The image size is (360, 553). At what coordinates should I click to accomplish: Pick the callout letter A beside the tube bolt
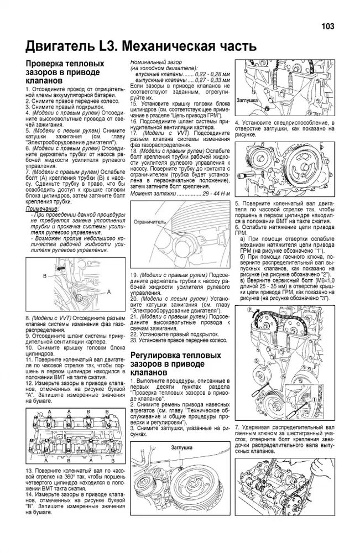(108, 291)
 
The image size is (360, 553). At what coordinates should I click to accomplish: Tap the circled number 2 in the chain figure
(249, 310)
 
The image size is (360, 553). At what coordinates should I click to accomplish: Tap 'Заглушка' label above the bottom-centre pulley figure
(181, 446)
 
